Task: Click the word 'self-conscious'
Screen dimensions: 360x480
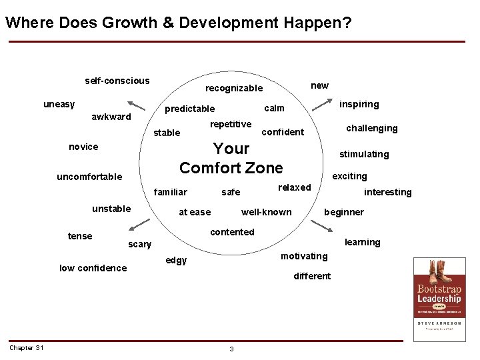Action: (117, 81)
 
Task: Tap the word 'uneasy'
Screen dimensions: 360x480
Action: (59, 104)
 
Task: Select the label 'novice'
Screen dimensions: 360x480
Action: (83, 147)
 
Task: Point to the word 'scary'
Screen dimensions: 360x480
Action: (139, 244)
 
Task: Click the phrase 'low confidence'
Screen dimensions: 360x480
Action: (93, 268)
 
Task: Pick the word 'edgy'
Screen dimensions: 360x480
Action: (176, 260)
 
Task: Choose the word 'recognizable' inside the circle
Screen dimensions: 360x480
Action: (234, 89)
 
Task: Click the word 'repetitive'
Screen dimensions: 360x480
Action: (231, 124)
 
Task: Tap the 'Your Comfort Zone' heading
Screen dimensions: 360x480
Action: (231, 158)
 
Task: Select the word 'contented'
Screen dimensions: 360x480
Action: (232, 232)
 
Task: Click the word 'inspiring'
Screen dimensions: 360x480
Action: (359, 104)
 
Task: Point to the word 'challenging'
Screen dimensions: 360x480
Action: (371, 128)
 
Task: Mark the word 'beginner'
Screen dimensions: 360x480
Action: (343, 212)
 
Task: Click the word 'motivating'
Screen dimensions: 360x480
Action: (304, 256)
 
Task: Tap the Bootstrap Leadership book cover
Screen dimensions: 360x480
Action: (439, 299)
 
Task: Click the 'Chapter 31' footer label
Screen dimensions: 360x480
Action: (27, 347)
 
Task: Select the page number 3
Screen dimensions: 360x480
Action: (231, 349)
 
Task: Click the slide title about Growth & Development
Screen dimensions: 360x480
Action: (179, 23)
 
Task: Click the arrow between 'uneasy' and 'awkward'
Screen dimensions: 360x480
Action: (136, 105)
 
